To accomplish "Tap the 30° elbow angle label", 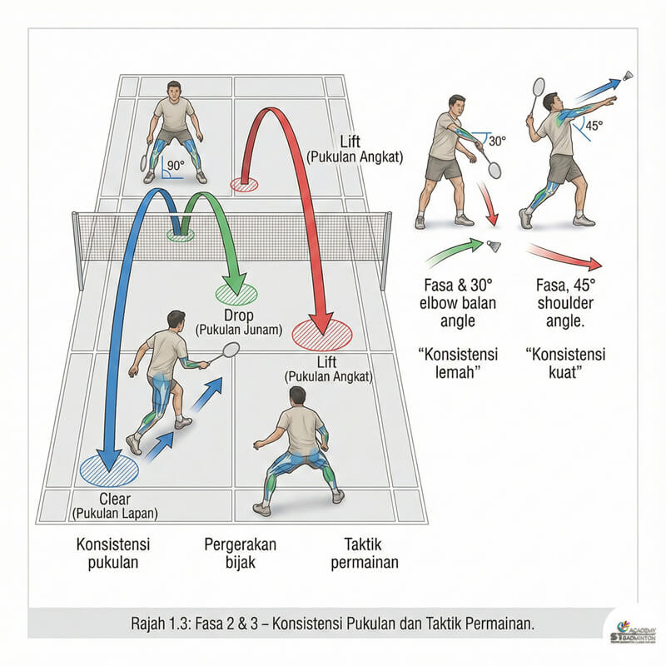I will coord(497,142).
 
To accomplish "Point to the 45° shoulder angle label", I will coord(594,127).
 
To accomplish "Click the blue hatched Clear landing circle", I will coord(109,470).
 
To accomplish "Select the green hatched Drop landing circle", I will coord(236,292).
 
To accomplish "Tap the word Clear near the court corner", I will coord(115,498).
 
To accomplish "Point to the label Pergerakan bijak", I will coord(240,553).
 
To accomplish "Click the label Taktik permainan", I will coord(364,553).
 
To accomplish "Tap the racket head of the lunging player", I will coord(231,350).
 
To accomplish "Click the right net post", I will coord(386,250).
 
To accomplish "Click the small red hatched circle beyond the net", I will coord(244,185).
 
